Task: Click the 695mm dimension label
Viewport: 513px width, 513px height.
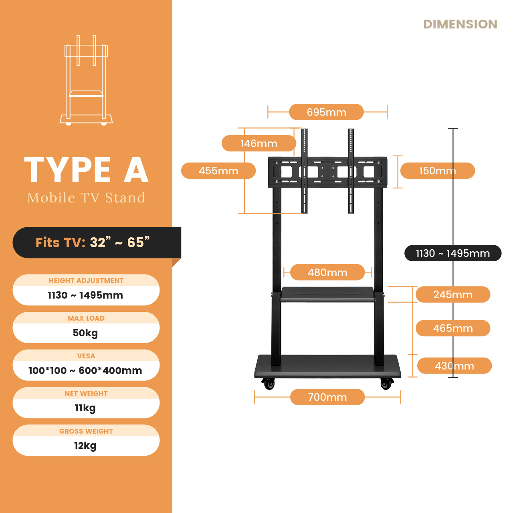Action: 326,112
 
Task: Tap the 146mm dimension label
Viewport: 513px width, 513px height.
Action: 259,143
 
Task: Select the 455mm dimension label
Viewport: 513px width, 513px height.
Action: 218,171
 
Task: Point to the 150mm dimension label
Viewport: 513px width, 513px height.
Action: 437,171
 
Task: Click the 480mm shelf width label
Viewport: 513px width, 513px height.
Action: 327,273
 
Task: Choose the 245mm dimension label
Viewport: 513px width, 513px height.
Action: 453,295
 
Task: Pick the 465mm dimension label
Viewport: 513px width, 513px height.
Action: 453,328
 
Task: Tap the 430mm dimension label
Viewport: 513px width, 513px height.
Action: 454,366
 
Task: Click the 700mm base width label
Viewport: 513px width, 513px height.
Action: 327,397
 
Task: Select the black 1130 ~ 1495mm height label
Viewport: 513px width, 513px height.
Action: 453,253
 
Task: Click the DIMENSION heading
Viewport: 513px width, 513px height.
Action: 460,24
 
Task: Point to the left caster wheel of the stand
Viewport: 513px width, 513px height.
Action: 269,384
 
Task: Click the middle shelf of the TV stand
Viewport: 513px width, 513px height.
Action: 327,295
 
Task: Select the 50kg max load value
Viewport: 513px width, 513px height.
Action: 85,333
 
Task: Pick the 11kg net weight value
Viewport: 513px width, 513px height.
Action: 85,408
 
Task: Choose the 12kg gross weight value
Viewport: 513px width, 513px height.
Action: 85,446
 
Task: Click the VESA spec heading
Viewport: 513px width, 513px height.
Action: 86,356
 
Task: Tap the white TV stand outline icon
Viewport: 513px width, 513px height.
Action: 86,80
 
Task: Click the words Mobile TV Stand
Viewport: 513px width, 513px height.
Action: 86,198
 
